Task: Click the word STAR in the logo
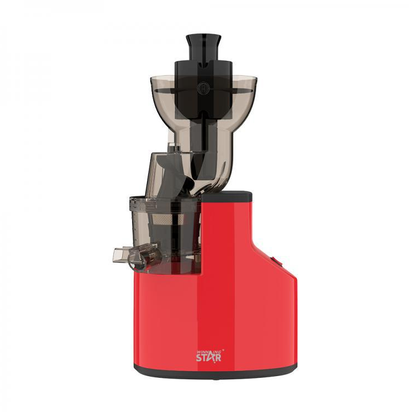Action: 209,358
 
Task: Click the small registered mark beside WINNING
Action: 223,350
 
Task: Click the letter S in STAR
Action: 199,358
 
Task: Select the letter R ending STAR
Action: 218,358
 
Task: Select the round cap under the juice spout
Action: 137,262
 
